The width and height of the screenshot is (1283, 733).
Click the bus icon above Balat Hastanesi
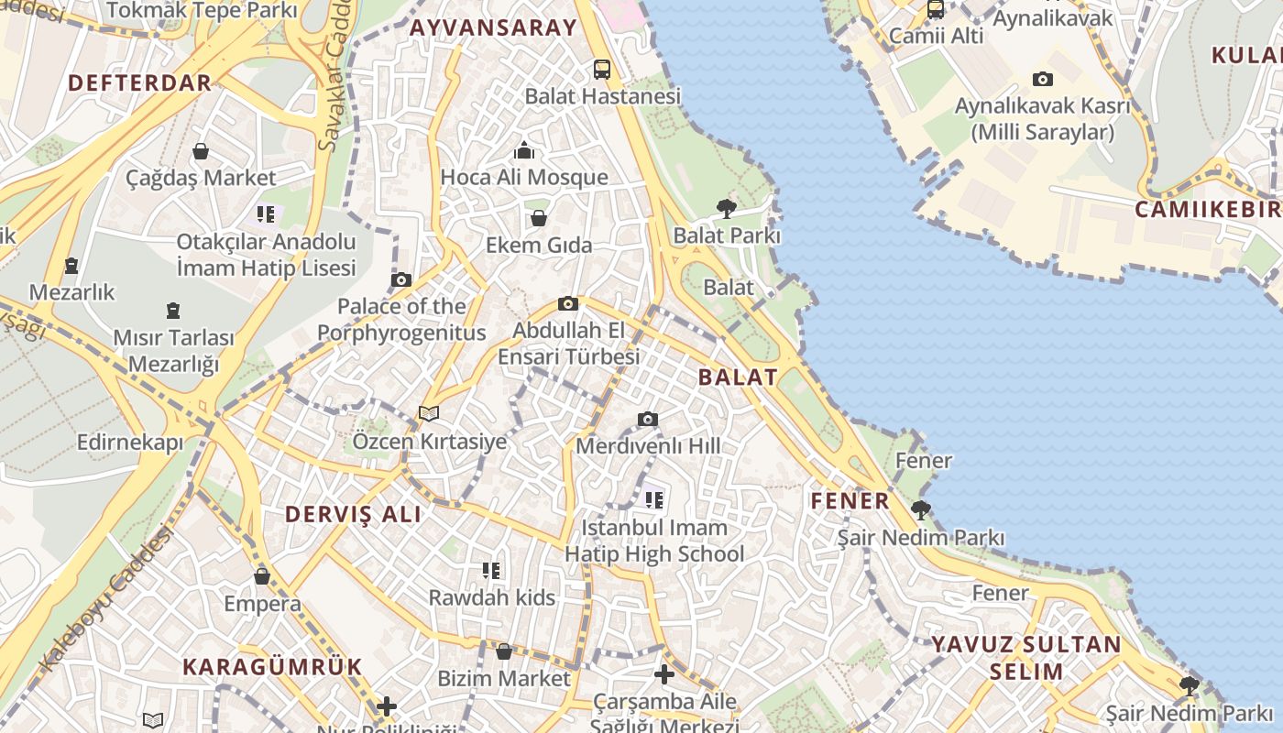(602, 69)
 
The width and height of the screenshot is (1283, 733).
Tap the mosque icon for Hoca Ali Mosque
(524, 150)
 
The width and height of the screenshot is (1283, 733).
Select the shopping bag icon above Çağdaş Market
(201, 151)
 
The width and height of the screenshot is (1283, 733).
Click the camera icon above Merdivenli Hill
(648, 420)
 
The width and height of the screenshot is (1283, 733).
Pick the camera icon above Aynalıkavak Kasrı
(1043, 80)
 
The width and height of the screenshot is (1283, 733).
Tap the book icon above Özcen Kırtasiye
(429, 414)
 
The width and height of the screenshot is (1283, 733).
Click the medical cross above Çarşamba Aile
(664, 675)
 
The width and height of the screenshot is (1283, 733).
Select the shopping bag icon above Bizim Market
(504, 651)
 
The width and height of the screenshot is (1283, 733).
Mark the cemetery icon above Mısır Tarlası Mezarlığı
(173, 311)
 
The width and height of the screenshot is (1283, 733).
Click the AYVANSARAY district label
(493, 27)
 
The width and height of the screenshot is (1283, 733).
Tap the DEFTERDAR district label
(140, 82)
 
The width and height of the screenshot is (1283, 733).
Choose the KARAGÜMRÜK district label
(273, 666)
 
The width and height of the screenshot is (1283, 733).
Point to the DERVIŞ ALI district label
(354, 514)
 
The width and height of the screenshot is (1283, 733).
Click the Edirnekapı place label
(130, 443)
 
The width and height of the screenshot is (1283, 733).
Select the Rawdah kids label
(492, 597)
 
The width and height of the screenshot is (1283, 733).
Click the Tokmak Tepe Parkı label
(202, 11)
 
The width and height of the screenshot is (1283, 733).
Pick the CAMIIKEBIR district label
(1208, 210)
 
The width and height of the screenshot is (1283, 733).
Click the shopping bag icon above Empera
(262, 576)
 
